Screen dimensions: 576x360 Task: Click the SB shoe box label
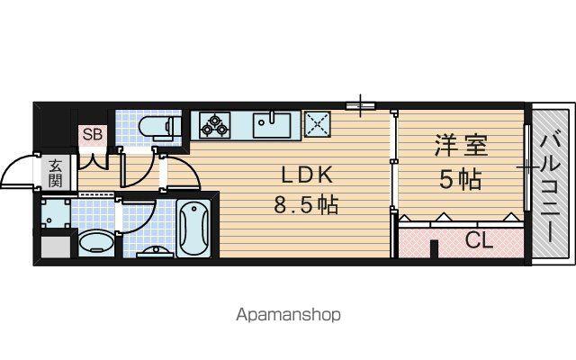point(92,134)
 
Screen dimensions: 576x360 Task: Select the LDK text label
point(307,175)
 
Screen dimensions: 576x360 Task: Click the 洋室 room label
point(461,146)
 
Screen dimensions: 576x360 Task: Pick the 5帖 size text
point(461,180)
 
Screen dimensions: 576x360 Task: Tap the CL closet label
point(479,240)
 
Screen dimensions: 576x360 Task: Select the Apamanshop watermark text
point(288,315)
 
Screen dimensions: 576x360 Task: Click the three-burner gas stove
point(215,126)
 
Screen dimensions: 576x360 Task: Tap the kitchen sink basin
point(272,125)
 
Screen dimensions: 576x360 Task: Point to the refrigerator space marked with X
point(318,125)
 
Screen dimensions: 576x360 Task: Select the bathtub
point(193,228)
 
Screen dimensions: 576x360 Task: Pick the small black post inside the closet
point(434,249)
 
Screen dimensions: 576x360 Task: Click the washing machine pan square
point(56,213)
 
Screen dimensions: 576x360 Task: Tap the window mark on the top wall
point(360,106)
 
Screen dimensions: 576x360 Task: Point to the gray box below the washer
point(56,247)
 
